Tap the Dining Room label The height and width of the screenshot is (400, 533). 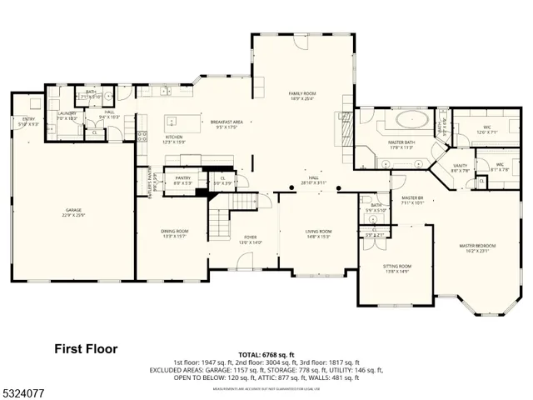(x=175, y=231)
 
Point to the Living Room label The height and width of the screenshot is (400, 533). (x=318, y=231)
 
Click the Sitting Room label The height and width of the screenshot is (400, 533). (x=397, y=267)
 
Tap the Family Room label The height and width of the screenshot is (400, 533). (x=301, y=93)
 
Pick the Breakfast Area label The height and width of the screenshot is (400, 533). (x=226, y=122)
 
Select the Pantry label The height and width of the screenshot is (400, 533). (x=183, y=178)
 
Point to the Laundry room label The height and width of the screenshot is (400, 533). (x=67, y=114)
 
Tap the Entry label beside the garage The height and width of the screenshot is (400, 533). (x=29, y=119)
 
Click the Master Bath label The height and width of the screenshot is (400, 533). (x=401, y=142)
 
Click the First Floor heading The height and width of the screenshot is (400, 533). (x=86, y=348)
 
